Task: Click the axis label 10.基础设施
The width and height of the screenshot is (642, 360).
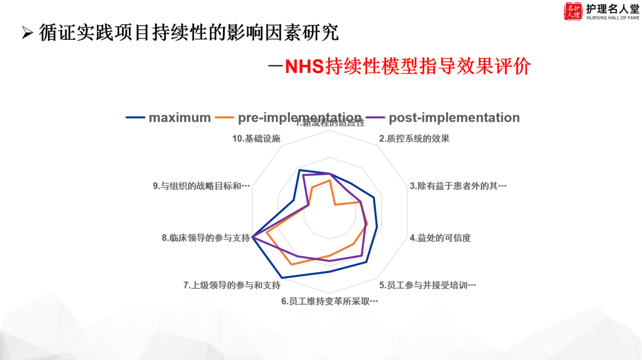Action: (x=256, y=139)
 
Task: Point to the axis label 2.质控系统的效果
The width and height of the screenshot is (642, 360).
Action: (x=414, y=139)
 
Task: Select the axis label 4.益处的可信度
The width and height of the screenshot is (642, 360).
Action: (x=440, y=238)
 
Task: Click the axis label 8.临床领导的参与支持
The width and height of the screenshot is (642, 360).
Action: (x=206, y=238)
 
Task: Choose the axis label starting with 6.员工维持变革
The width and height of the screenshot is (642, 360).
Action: (x=330, y=301)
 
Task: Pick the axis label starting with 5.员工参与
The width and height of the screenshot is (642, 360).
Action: (x=428, y=285)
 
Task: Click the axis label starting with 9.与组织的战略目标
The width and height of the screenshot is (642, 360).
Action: (x=201, y=186)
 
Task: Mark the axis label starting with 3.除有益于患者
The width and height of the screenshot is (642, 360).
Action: (x=458, y=186)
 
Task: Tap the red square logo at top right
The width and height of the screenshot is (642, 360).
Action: (x=573, y=11)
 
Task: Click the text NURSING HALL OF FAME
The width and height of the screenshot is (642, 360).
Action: (x=612, y=18)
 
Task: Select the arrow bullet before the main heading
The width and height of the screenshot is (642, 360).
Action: (x=26, y=33)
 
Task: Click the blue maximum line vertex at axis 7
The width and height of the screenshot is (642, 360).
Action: (x=282, y=277)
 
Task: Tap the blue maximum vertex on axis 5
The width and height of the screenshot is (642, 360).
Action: (x=366, y=262)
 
